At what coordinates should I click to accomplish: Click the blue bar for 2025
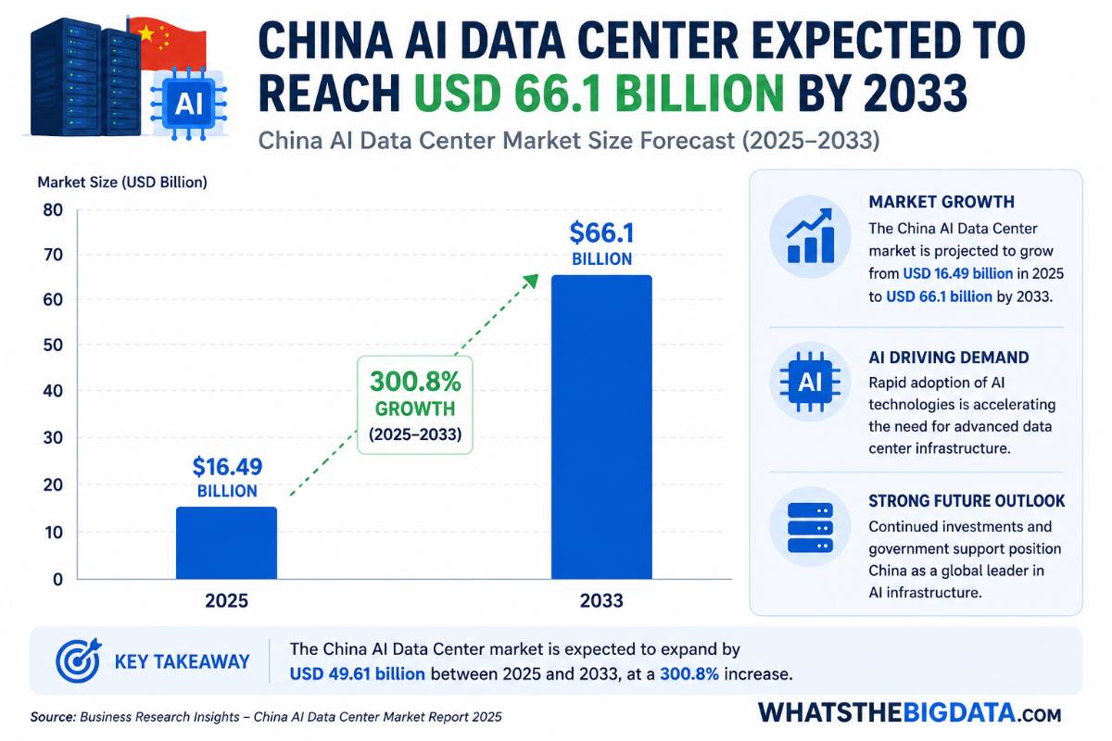pos(226,543)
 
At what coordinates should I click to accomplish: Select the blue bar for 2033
pos(601,427)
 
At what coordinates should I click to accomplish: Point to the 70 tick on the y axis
pos(53,255)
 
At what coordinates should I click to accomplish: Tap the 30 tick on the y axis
pos(53,438)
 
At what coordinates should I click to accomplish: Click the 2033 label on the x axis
pos(601,601)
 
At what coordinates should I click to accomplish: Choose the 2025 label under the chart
pos(226,601)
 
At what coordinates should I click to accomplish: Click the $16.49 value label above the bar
pos(227,467)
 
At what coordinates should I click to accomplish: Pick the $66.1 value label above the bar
pos(601,233)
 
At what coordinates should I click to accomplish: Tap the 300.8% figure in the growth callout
pos(415,382)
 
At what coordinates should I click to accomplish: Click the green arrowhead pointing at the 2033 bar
pos(532,281)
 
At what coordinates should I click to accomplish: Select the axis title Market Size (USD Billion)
pos(122,182)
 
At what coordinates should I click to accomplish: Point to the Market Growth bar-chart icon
pos(810,236)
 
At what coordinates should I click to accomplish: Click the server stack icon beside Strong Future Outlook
pos(810,528)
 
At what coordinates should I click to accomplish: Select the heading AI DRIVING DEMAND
pos(949,358)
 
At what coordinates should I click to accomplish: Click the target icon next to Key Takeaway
pos(79,660)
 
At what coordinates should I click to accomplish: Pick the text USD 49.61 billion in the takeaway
pos(358,674)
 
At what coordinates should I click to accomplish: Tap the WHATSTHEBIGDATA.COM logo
pos(909,713)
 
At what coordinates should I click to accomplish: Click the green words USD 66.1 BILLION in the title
pos(599,94)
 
